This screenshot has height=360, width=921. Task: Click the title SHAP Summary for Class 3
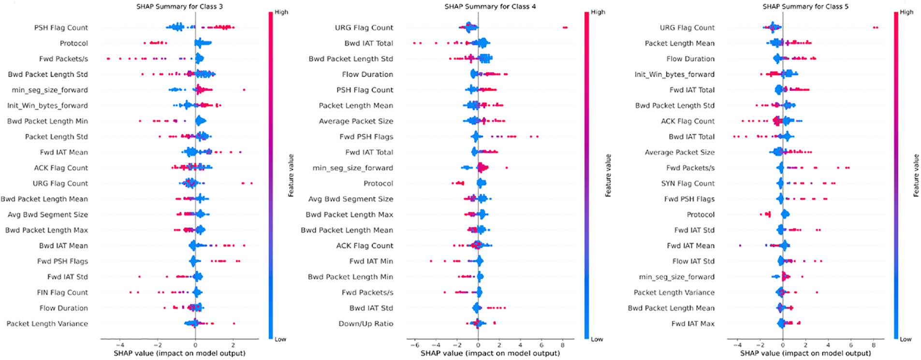pos(179,7)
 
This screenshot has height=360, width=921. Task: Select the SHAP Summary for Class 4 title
pos(490,7)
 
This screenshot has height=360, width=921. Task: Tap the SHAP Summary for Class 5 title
pos(805,7)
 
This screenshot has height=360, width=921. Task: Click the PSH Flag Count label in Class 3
pos(61,28)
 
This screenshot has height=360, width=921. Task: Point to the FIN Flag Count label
pos(62,292)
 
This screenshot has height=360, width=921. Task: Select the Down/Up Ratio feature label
pos(365,324)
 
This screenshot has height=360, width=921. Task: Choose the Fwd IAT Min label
pos(371,261)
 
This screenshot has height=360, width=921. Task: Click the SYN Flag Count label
pos(687,183)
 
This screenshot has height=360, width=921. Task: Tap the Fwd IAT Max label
pos(692,324)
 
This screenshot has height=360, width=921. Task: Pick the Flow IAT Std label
pos(693,261)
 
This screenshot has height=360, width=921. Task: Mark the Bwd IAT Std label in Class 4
pos(371,308)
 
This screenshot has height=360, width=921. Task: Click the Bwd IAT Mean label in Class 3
pos(63,245)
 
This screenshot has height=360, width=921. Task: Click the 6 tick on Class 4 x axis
pos(541,346)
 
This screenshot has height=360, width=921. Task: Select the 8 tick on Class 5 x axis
pos(873,346)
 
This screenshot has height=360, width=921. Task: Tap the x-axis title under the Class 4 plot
pos(490,353)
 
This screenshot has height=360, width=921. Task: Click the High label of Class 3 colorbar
pos(281,12)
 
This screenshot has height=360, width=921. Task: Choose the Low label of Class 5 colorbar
pos(905,339)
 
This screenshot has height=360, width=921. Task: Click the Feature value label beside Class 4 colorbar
pos(608,175)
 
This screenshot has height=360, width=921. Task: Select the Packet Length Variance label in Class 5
pos(674,292)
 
